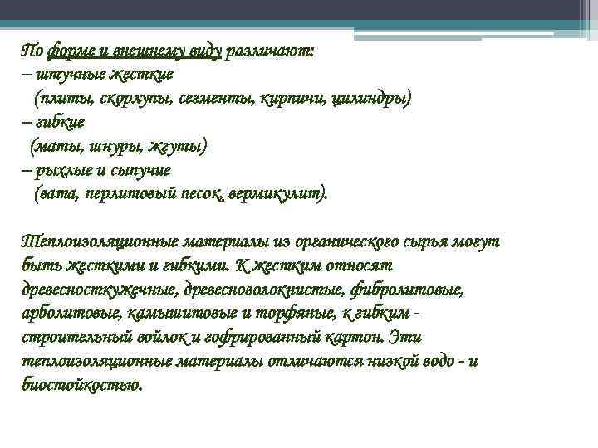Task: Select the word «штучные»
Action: coord(67,74)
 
